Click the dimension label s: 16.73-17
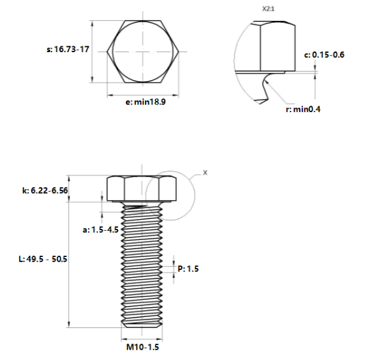tap(68, 50)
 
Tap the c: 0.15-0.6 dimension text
tap(325, 55)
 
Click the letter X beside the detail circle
tap(205, 173)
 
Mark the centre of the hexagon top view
tap(142, 51)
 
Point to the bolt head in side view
tap(142, 189)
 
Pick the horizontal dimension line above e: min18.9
tap(142, 95)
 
